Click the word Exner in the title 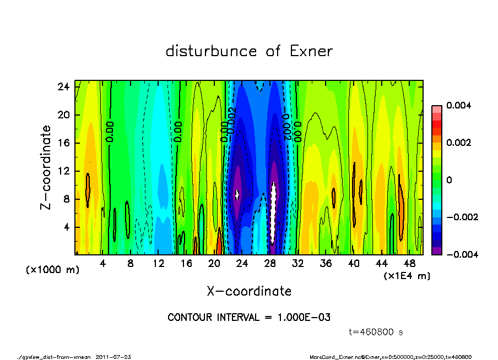point(311,52)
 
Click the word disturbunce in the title point(212,52)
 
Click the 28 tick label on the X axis point(270,264)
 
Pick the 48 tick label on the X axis point(410,264)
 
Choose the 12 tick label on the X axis point(159,264)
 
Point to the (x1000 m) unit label point(45,271)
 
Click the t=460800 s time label point(376,332)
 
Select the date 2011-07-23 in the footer point(113,357)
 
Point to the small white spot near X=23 point(237,194)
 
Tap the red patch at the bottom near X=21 point(219,242)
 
